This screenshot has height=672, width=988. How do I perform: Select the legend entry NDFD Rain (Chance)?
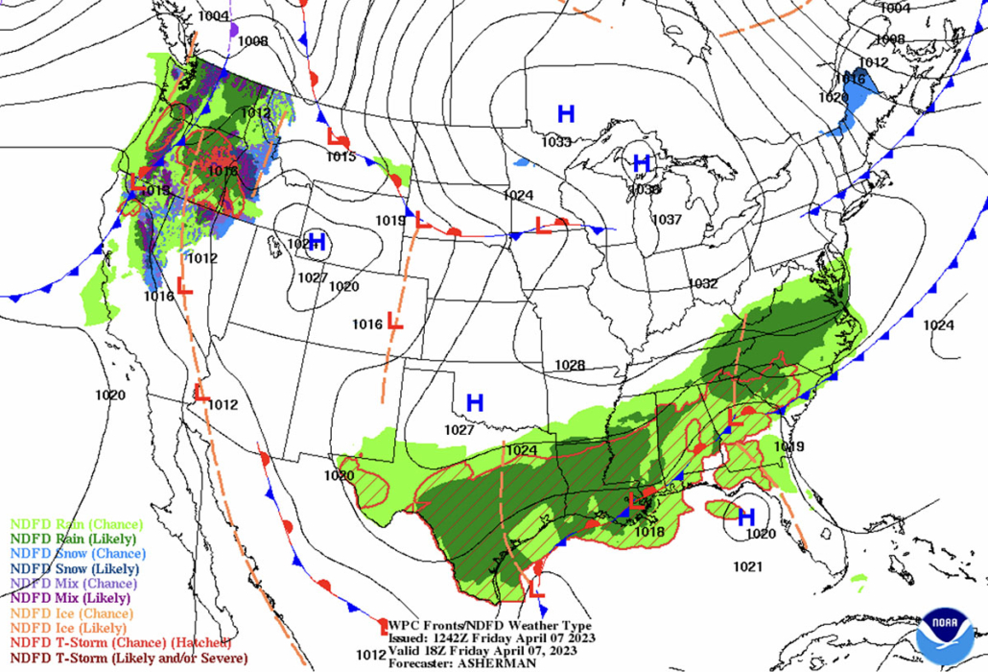77,524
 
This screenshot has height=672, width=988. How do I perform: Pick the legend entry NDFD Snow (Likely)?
77,568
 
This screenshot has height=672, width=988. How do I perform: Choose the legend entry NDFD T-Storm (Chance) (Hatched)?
120,642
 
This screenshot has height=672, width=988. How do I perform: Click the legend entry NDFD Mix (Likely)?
71,598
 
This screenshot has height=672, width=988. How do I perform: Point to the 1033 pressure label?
556,142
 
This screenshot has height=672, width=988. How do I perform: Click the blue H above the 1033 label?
566,114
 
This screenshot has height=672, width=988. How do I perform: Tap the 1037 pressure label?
667,220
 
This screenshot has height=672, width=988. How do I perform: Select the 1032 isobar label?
702,283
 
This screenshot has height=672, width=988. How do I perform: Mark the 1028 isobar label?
570,365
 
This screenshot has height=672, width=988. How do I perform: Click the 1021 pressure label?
748,566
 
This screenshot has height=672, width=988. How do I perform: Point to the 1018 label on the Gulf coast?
649,532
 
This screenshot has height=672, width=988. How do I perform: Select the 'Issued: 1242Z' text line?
491,637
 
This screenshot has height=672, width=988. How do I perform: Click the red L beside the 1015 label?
338,137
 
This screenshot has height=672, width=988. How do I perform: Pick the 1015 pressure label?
341,156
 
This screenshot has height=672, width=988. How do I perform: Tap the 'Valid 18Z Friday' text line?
491,650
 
